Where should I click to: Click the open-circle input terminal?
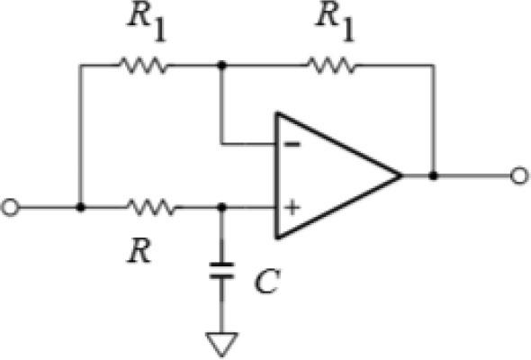(10, 207)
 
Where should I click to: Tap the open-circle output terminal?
(518, 175)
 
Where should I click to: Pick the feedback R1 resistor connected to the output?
(330, 65)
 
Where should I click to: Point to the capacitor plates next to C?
(221, 270)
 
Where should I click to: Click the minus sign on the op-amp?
(291, 142)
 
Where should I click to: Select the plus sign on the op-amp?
(291, 208)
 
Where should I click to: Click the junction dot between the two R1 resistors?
(221, 65)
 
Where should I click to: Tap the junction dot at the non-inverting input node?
(221, 207)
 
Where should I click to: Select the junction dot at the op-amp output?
(434, 175)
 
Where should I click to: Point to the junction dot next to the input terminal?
(80, 207)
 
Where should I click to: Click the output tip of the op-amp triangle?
(400, 175)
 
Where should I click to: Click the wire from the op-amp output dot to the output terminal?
(472, 175)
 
